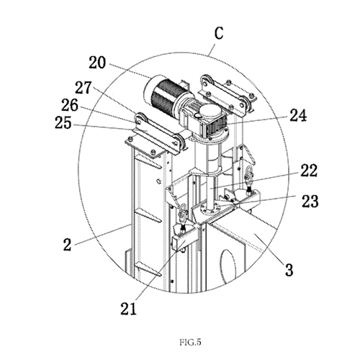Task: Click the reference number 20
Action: [97, 63]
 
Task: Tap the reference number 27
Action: [84, 88]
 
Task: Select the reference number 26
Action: [70, 105]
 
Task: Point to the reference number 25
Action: [63, 123]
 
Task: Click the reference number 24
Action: [298, 115]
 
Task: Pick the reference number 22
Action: [308, 171]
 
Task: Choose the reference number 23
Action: [310, 201]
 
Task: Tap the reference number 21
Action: [128, 308]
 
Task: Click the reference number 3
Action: [289, 269]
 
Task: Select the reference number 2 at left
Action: [68, 245]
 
